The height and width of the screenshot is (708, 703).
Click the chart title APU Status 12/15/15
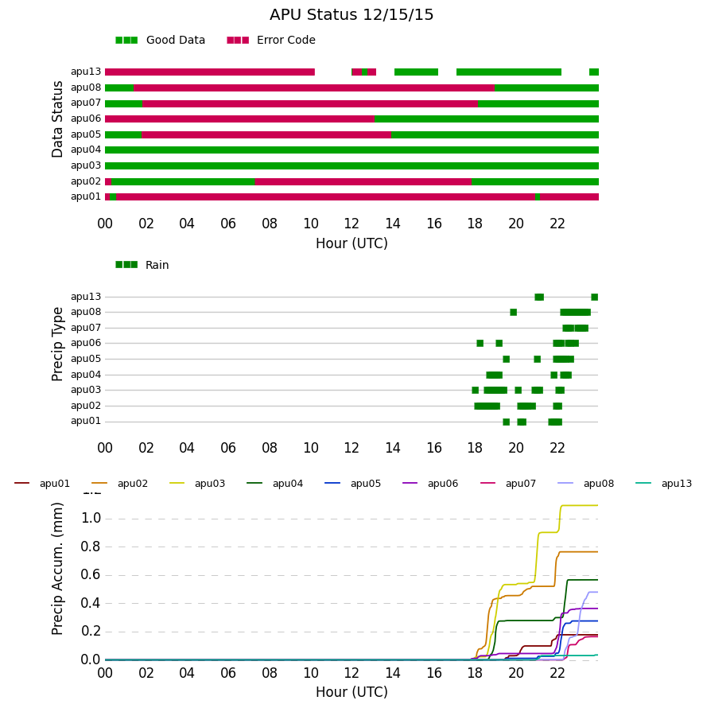351,15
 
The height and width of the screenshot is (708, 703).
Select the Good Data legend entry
161,41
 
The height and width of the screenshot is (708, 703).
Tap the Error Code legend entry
271,41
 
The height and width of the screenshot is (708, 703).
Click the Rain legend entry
142,265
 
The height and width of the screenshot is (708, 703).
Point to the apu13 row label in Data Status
86,72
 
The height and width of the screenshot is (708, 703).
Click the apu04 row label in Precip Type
86,375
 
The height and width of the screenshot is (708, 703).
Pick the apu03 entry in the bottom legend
197,484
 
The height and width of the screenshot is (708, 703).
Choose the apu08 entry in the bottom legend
586,484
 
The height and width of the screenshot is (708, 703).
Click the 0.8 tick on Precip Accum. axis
91,547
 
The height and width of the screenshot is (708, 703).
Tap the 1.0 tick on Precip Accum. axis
91,519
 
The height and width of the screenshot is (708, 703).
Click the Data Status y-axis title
57,119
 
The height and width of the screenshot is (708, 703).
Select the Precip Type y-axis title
57,344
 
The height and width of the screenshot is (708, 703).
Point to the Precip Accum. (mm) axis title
57,569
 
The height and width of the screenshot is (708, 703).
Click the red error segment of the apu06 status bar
239,119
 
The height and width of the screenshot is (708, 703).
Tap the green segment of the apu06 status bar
487,119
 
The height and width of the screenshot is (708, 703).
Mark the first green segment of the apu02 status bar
183,182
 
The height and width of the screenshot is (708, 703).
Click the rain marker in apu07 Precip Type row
575,329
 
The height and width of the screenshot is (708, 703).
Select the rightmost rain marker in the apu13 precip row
595,297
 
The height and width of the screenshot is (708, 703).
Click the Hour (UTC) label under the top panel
351,244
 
